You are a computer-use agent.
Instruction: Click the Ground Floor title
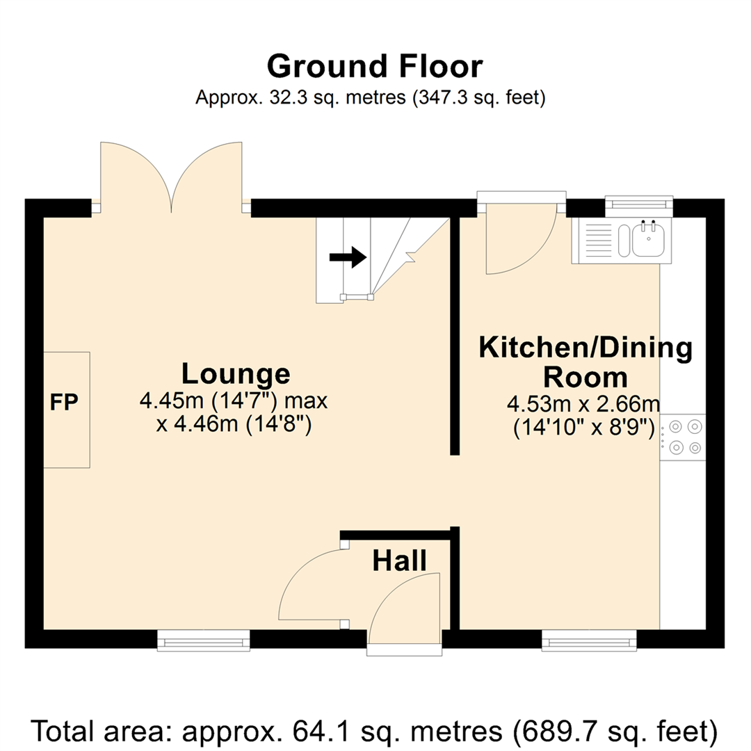click(375, 66)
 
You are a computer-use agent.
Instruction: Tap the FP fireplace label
click(64, 403)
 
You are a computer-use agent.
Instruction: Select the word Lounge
click(236, 373)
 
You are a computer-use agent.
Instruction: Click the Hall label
click(399, 561)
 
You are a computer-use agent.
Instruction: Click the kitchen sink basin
click(649, 239)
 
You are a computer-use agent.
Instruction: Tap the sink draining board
click(599, 240)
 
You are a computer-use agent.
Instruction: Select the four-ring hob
click(683, 437)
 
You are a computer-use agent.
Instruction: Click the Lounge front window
click(204, 640)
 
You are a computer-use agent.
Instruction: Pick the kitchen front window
click(589, 640)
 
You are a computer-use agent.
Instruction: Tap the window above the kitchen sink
click(639, 205)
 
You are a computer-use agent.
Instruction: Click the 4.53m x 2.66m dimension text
click(583, 405)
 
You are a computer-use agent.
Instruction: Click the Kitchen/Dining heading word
click(586, 348)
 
